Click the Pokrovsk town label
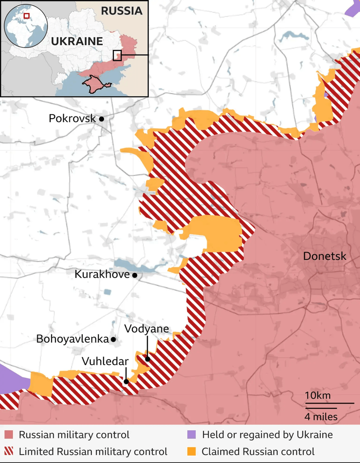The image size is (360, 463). pyautogui.click(x=72, y=119)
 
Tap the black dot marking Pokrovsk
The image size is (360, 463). pyautogui.click(x=102, y=119)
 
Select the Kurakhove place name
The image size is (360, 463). pyautogui.click(x=102, y=275)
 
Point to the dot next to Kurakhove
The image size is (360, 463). pyautogui.click(x=135, y=275)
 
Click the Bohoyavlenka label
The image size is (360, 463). pyautogui.click(x=72, y=339)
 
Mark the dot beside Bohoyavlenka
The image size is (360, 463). pyautogui.click(x=113, y=339)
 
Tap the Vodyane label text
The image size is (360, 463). pyautogui.click(x=147, y=329)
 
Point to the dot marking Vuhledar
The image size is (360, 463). pyautogui.click(x=126, y=381)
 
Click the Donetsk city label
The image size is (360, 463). pyautogui.click(x=324, y=256)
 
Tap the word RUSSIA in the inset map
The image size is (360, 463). pyautogui.click(x=122, y=11)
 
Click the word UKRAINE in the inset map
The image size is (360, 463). pyautogui.click(x=77, y=42)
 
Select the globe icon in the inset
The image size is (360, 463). pyautogui.click(x=25, y=26)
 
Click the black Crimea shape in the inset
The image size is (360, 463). pyautogui.click(x=95, y=84)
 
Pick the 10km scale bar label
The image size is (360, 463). pyautogui.click(x=317, y=395)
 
